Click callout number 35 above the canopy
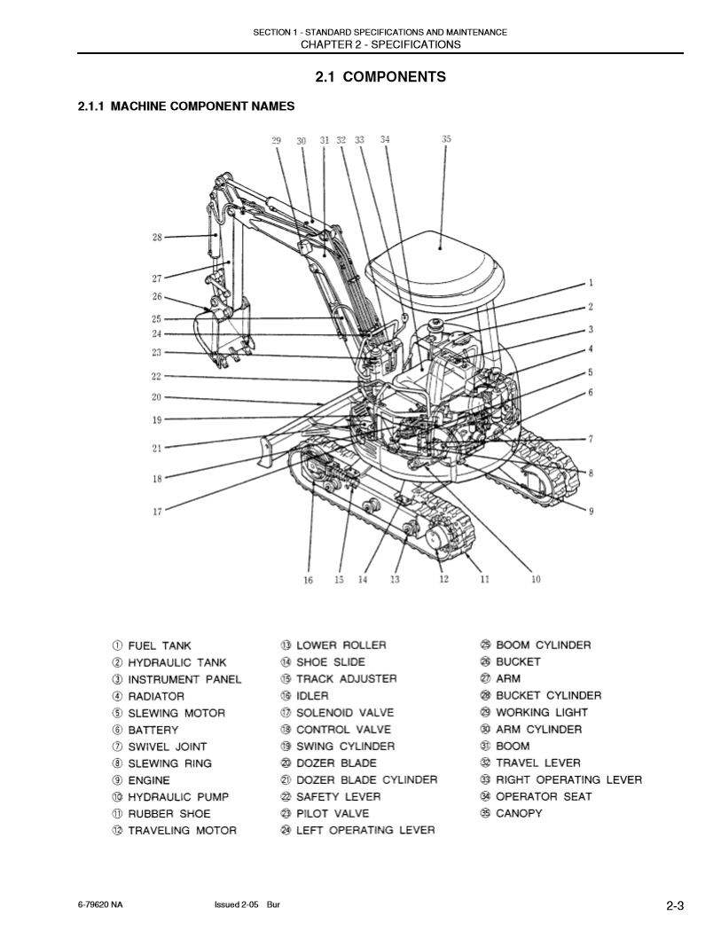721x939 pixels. click(x=446, y=139)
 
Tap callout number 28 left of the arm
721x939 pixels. click(x=157, y=237)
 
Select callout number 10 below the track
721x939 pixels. click(x=536, y=580)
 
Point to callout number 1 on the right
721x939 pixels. click(x=591, y=283)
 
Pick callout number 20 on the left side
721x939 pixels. click(x=157, y=397)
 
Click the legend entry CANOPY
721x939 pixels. click(x=519, y=814)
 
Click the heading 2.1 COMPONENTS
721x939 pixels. click(x=380, y=77)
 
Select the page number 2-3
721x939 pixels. click(x=675, y=906)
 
